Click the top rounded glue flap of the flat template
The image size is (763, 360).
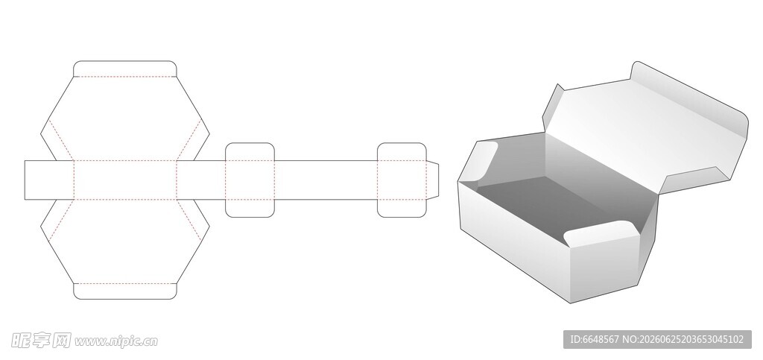pos(124,69)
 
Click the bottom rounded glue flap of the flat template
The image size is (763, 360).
pos(124,291)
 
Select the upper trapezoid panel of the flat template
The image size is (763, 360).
pos(124,119)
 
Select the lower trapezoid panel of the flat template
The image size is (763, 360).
pos(124,241)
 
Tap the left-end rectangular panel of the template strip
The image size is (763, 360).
pos(48,180)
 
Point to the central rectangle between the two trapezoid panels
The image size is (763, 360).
pos(124,180)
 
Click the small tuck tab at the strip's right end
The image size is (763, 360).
pos(432,180)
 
